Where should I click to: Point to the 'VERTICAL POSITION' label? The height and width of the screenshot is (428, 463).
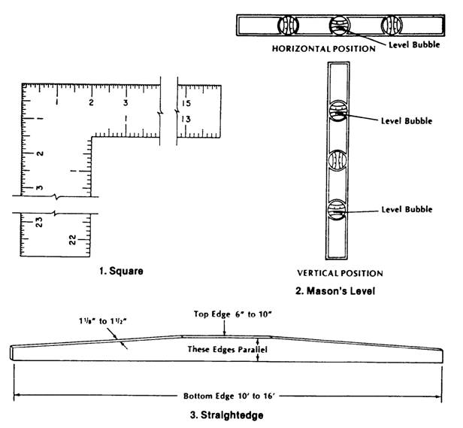(340, 273)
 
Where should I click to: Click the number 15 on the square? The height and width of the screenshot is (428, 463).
(186, 103)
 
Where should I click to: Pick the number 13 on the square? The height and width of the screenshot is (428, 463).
(185, 119)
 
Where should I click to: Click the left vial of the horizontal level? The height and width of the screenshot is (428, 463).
(287, 26)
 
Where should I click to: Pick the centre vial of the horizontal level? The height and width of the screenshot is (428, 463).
(340, 26)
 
